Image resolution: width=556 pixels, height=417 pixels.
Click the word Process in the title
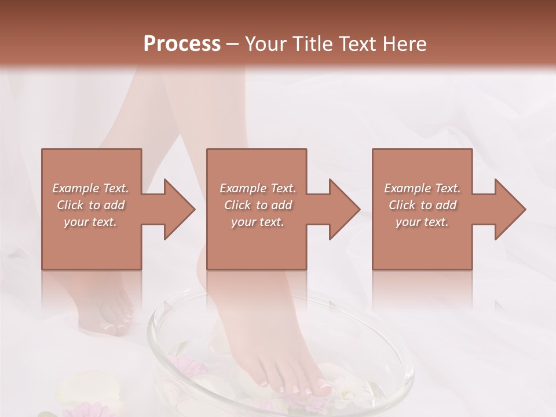tap(182, 44)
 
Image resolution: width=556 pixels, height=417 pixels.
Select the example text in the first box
tap(90, 205)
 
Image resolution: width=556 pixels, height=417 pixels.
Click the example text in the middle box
tap(257, 205)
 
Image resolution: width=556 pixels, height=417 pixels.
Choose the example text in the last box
tap(422, 205)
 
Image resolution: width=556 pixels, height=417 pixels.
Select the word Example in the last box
tap(407, 188)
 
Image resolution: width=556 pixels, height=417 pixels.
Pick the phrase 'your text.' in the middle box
tap(257, 222)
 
